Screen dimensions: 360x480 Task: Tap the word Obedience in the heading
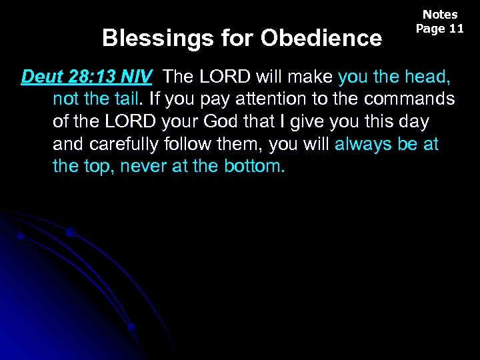(x=321, y=38)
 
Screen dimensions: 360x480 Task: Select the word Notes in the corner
(x=440, y=15)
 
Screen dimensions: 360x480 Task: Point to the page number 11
(x=456, y=29)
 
